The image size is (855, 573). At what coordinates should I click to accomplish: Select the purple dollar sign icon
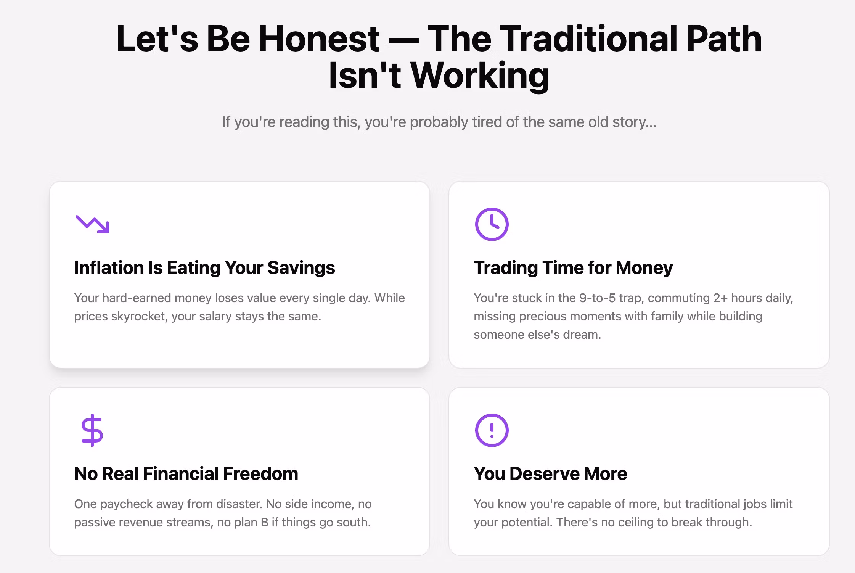coord(92,430)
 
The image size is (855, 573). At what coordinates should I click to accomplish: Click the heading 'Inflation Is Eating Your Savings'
coord(204,267)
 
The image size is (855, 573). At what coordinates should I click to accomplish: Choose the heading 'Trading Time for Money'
coord(573,267)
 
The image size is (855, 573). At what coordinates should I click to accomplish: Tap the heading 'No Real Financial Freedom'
coord(186,473)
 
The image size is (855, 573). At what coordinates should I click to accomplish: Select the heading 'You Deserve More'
coord(550,473)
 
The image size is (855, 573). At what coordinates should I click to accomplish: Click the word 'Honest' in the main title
coord(319,39)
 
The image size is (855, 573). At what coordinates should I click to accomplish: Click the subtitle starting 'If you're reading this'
coord(439,122)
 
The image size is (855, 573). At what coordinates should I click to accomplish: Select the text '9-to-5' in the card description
coord(598,298)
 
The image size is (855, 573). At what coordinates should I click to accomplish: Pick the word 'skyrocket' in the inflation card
coord(139,317)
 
